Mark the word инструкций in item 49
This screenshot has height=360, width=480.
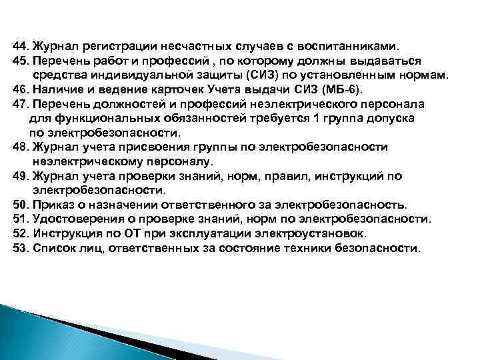(347, 176)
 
